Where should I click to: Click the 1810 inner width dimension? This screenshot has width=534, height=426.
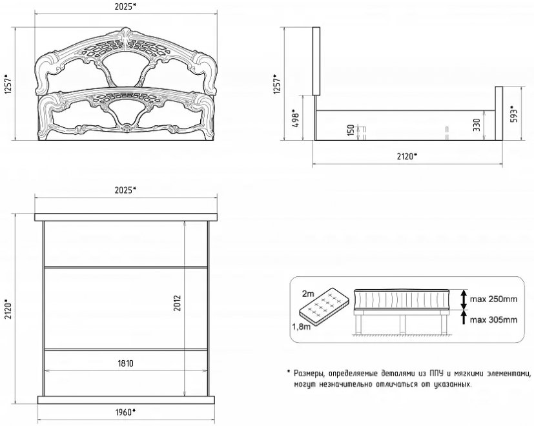click(x=126, y=363)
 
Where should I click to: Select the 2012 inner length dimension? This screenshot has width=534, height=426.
click(x=177, y=303)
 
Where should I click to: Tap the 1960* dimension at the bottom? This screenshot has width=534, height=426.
click(x=125, y=412)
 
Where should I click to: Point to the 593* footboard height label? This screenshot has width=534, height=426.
click(x=514, y=115)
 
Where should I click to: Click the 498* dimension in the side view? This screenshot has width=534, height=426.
click(x=296, y=118)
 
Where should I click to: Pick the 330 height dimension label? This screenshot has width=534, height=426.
click(x=477, y=125)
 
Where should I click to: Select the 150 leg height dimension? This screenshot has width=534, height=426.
click(x=351, y=130)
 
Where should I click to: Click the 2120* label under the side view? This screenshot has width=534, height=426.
click(x=407, y=156)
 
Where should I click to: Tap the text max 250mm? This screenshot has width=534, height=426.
click(x=493, y=299)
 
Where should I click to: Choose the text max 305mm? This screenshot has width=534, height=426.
click(x=493, y=319)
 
